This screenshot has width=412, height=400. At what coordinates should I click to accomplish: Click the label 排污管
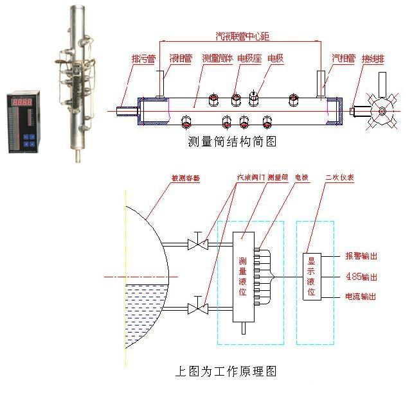(143, 59)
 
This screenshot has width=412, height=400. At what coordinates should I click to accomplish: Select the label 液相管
(181, 59)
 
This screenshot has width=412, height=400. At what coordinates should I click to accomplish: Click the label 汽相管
(343, 59)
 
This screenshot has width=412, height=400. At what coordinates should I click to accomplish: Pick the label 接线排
(375, 59)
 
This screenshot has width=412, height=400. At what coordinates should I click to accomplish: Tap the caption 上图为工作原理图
(226, 371)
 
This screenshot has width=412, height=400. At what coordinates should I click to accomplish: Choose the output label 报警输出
(361, 256)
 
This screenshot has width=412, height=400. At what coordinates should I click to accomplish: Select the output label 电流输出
(361, 297)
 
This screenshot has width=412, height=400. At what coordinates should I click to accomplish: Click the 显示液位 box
(311, 276)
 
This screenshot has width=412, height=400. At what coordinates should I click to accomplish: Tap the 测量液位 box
(242, 277)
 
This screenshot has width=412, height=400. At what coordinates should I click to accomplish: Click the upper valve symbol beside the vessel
(197, 243)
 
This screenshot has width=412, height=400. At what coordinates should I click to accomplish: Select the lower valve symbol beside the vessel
(197, 308)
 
